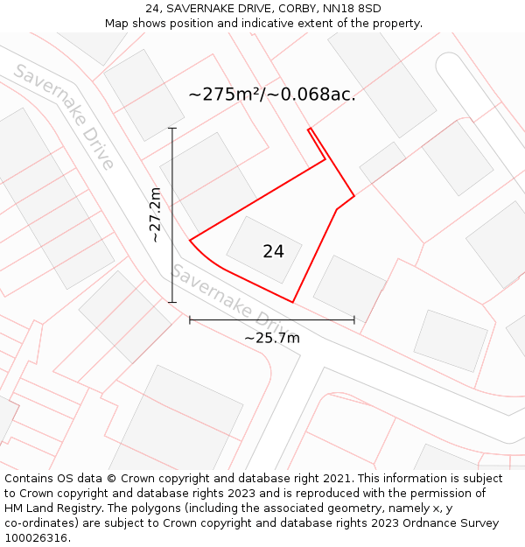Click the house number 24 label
273,252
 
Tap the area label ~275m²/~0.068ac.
272,95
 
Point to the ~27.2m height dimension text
155,214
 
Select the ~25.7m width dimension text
271,338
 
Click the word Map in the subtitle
118,24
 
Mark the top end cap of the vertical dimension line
172,129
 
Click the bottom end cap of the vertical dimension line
172,302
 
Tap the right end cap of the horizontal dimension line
354,319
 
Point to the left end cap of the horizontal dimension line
190,319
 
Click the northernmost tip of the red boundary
309,130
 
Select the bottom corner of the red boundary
292,302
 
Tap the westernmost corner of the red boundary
190,238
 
